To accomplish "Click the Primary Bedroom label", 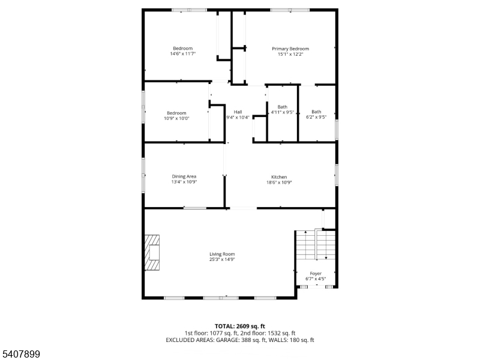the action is pos(290,49).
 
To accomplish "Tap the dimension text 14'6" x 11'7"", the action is pos(183,54).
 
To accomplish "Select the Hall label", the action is pos(238,112).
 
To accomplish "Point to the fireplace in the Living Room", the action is pos(152,253).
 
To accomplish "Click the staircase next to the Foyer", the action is pos(316,245).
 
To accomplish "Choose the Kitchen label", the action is pos(279,177).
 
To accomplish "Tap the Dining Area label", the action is pos(184,176).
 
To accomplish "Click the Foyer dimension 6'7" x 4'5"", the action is pos(316,279).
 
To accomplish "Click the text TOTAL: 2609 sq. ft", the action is pos(239,326).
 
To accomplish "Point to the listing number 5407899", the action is pos(20,354).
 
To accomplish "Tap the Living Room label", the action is pos(222,254).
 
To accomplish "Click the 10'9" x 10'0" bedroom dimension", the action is pos(176,118).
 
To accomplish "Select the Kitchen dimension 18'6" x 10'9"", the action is pos(279,182).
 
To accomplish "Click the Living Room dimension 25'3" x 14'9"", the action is pos(222,260).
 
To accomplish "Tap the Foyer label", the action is pos(316,274).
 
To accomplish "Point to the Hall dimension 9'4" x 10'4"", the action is pos(238,117).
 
